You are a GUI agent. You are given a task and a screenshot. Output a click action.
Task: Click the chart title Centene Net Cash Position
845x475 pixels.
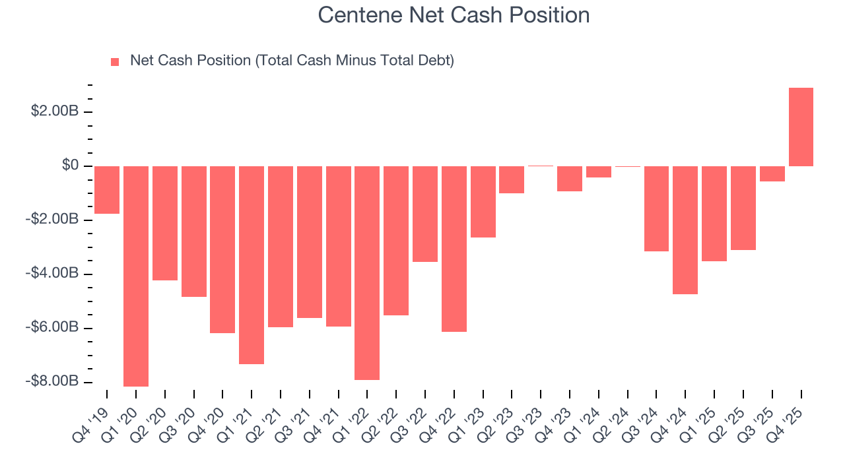click(454, 15)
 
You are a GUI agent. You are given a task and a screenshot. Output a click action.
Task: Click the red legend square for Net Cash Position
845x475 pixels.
click(115, 61)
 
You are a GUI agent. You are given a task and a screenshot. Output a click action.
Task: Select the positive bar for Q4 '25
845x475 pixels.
click(801, 127)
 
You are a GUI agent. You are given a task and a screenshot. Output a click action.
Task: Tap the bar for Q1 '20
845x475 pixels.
click(136, 276)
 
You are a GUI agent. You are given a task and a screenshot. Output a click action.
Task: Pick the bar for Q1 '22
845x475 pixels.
click(367, 272)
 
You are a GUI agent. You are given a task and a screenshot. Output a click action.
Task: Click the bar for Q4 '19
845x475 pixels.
click(107, 190)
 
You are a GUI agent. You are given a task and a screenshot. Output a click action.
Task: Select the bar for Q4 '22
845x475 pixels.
click(454, 249)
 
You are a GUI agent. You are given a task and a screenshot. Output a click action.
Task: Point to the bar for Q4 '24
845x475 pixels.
click(685, 230)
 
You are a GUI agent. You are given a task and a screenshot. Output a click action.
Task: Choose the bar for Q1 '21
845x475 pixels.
click(252, 265)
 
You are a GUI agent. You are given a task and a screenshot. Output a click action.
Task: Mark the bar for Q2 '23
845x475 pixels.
click(512, 179)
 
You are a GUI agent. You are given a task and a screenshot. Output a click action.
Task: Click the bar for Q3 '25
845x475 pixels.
click(772, 174)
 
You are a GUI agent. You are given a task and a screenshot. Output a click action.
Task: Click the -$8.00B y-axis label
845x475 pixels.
click(53, 382)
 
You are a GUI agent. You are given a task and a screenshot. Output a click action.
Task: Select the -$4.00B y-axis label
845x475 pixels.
click(53, 274)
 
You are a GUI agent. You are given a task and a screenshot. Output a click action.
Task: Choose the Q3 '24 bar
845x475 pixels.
click(656, 208)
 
